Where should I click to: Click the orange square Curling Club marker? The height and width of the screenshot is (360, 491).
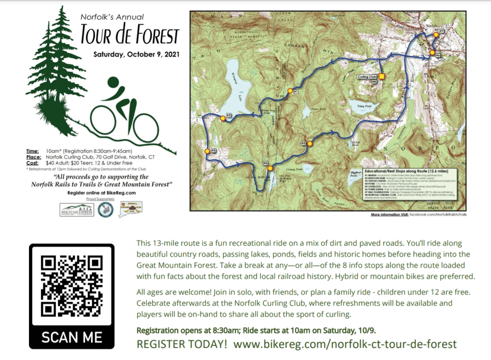tap(382, 77)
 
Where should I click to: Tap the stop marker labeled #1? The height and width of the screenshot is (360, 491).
tap(290, 91)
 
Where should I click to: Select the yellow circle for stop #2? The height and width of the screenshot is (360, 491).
tap(222, 118)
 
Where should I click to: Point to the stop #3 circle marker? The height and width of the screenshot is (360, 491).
tap(207, 151)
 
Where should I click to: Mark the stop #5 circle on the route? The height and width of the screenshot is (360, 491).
tap(310, 143)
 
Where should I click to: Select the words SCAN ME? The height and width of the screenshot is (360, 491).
tap(71, 337)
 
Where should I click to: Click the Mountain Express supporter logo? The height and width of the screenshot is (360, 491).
tap(77, 209)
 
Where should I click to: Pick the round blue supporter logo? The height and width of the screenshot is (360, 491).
tap(106, 209)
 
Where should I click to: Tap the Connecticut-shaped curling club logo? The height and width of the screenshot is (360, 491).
tap(131, 208)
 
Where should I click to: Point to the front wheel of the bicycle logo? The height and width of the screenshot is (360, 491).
tap(145, 126)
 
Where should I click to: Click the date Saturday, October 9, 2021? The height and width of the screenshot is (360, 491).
tap(137, 54)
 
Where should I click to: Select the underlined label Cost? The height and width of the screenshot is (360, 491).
tap(33, 163)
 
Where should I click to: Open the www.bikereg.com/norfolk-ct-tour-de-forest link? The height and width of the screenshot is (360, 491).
tap(345, 344)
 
